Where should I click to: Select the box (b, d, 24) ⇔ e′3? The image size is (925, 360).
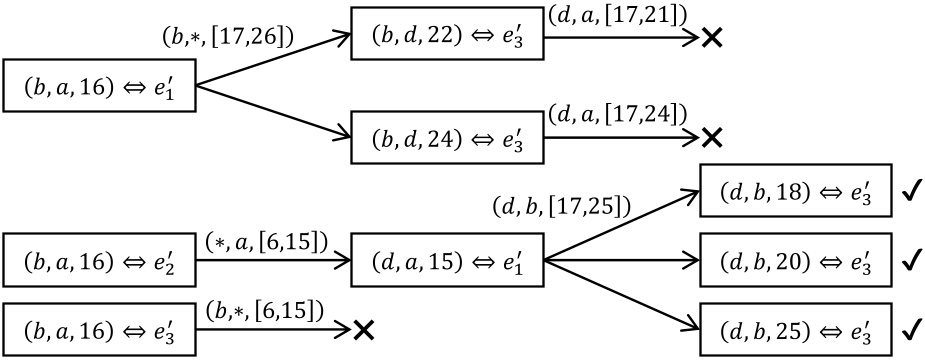446,137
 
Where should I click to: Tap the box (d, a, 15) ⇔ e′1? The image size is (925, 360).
446,262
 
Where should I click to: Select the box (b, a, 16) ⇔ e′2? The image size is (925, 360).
98,262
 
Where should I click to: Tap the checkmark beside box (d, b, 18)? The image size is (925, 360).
910,193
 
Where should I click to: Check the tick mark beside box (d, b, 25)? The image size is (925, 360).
910,329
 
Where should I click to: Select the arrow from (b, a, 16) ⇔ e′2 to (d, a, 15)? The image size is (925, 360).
272,263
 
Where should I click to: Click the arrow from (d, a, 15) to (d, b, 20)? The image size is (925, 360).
620,262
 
